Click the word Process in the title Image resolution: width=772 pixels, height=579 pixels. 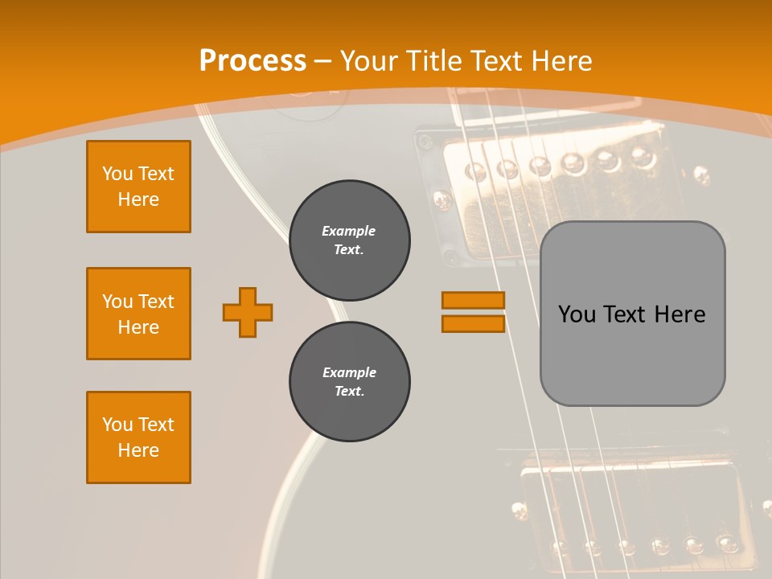(253, 61)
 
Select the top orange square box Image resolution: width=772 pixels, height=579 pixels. (138, 187)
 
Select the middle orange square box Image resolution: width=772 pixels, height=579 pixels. (138, 314)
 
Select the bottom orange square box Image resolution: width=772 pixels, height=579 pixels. (138, 437)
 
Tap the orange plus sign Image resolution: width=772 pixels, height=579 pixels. (248, 312)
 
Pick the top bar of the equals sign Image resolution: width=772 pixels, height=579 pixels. (473, 300)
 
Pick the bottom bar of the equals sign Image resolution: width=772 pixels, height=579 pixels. (473, 323)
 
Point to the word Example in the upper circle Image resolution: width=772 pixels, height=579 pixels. (349, 231)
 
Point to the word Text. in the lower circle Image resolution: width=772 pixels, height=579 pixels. (349, 392)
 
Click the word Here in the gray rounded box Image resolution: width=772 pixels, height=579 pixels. (680, 314)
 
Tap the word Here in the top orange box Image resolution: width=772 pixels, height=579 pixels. (138, 199)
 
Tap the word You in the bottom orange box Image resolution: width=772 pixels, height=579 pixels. (117, 425)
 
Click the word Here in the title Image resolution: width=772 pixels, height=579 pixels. (561, 61)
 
